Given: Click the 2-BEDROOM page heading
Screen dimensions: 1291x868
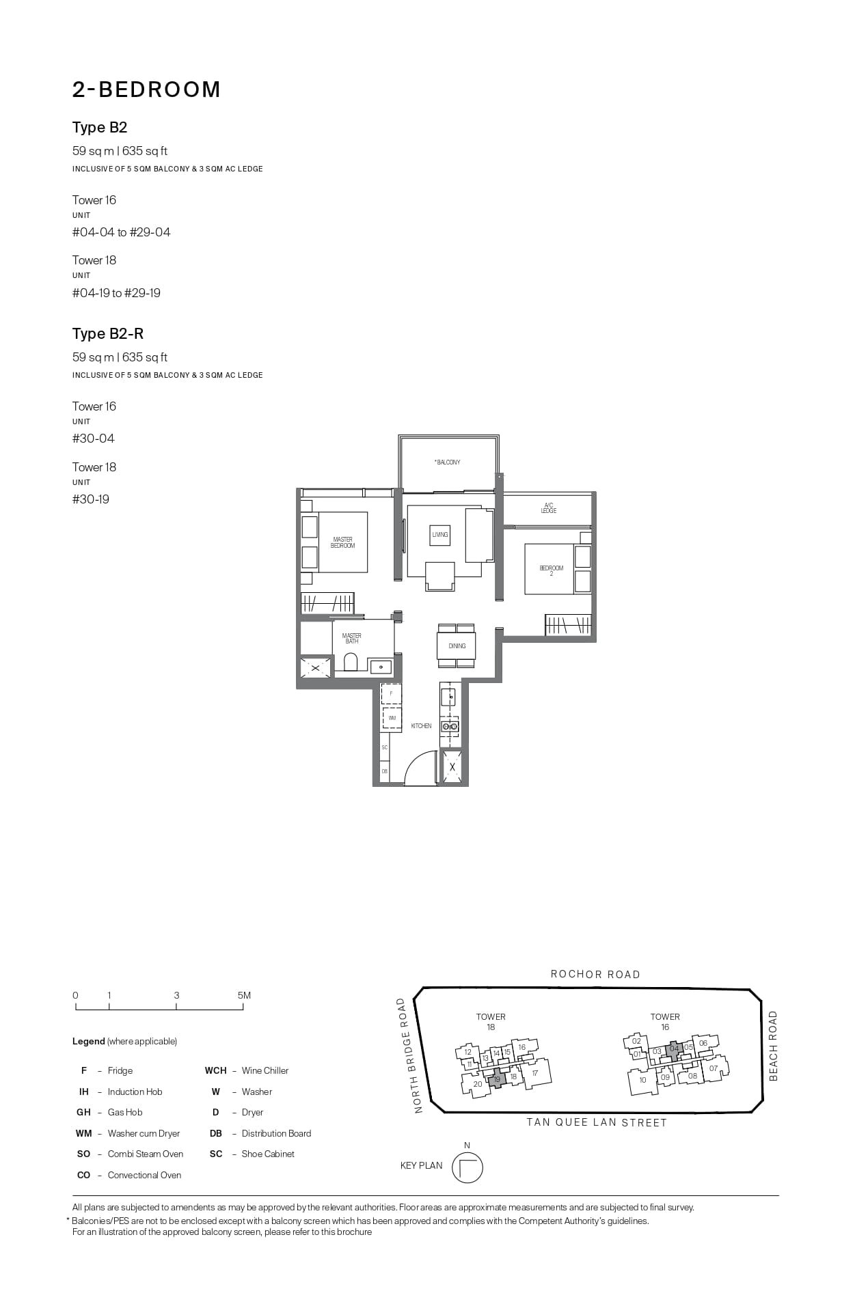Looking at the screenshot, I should [146, 89].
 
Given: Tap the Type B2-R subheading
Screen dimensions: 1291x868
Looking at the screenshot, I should [108, 333].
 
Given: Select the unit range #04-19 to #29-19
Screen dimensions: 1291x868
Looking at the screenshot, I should [116, 293].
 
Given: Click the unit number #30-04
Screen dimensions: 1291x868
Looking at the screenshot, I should [94, 439].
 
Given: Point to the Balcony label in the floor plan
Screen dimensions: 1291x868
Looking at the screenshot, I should [448, 462].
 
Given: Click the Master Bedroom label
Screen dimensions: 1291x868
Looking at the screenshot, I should [342, 542].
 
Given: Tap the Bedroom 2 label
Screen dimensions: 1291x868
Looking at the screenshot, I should [551, 570].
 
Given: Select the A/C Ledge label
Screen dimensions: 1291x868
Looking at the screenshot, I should [548, 508].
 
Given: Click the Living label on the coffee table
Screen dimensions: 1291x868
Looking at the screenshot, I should [440, 534].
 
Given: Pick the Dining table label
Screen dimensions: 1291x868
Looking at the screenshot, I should [457, 645].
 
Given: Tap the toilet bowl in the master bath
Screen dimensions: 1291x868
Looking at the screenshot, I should [351, 662].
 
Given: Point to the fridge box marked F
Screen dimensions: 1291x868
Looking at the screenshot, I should [391, 693].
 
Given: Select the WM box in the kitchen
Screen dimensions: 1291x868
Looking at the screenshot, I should [392, 719].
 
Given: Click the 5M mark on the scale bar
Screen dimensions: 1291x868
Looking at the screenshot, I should [243, 995].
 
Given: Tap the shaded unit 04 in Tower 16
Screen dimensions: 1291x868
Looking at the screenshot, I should [674, 1049].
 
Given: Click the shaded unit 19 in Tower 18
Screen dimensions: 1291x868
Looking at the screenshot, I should [498, 1079].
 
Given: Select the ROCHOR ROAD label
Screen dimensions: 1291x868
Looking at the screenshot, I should [595, 975].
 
